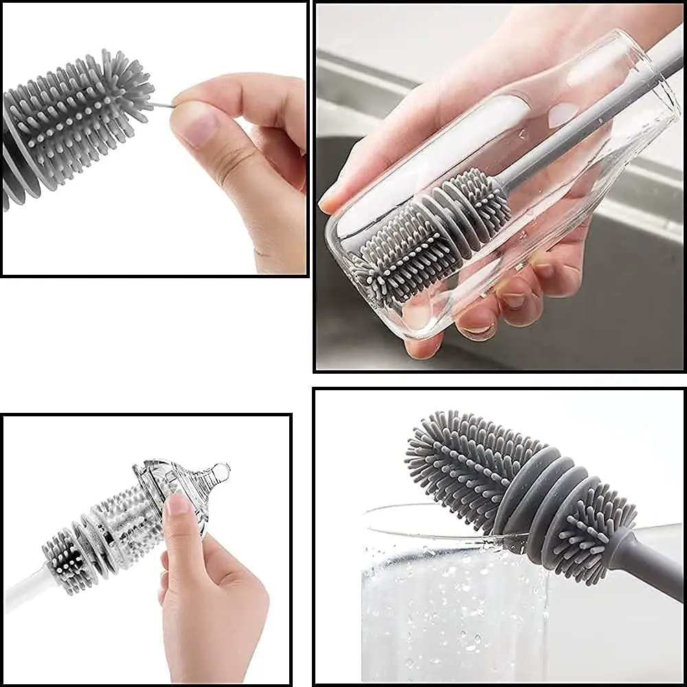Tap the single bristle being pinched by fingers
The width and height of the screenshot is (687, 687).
[162, 105]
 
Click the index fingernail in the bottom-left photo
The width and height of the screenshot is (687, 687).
[177, 504]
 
